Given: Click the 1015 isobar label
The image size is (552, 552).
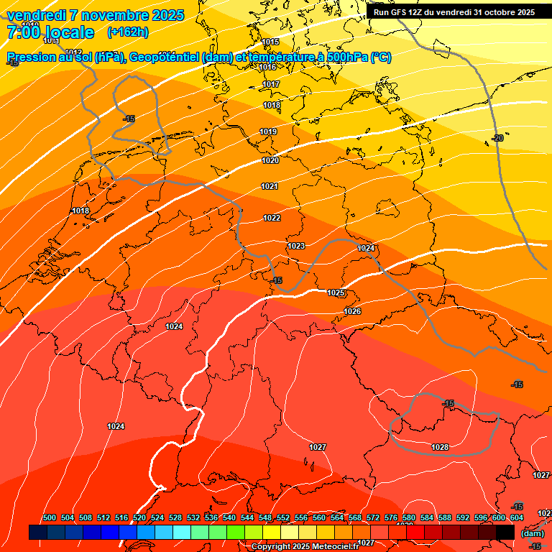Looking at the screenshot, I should tap(270, 42).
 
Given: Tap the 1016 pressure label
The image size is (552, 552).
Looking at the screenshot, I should tap(267, 67).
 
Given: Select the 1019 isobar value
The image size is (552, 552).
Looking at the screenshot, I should tap(269, 132).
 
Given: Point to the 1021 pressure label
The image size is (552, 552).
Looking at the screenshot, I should tap(270, 186).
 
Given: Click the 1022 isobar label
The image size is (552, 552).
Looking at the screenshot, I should tap(272, 218).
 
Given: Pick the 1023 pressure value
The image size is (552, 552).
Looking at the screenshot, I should tap(296, 246).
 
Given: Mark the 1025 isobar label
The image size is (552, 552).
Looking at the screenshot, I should tap(336, 293).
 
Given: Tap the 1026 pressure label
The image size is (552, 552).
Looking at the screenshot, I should tap(352, 311).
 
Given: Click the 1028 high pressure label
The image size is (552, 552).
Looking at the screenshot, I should tap(440, 447).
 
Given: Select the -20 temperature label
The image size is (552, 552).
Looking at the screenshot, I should tap(497, 138).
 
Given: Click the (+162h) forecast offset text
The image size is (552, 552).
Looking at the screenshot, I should tap(127, 32).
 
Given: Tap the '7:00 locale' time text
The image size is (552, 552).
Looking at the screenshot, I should tap(50, 32).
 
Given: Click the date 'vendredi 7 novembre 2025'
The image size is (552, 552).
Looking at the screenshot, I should tap(95, 15).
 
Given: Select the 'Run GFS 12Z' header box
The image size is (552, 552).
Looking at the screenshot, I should tap(454, 12).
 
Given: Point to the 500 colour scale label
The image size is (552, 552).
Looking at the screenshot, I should tap(50, 517).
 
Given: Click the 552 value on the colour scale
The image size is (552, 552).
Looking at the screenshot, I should tap(283, 517).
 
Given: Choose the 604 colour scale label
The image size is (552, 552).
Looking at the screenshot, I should tap(517, 517).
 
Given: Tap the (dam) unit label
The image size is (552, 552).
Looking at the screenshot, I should tap(532, 533).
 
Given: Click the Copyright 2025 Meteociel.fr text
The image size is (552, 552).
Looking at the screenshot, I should tap(305, 547).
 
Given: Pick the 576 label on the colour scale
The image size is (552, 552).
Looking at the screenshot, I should tap(391, 517).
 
